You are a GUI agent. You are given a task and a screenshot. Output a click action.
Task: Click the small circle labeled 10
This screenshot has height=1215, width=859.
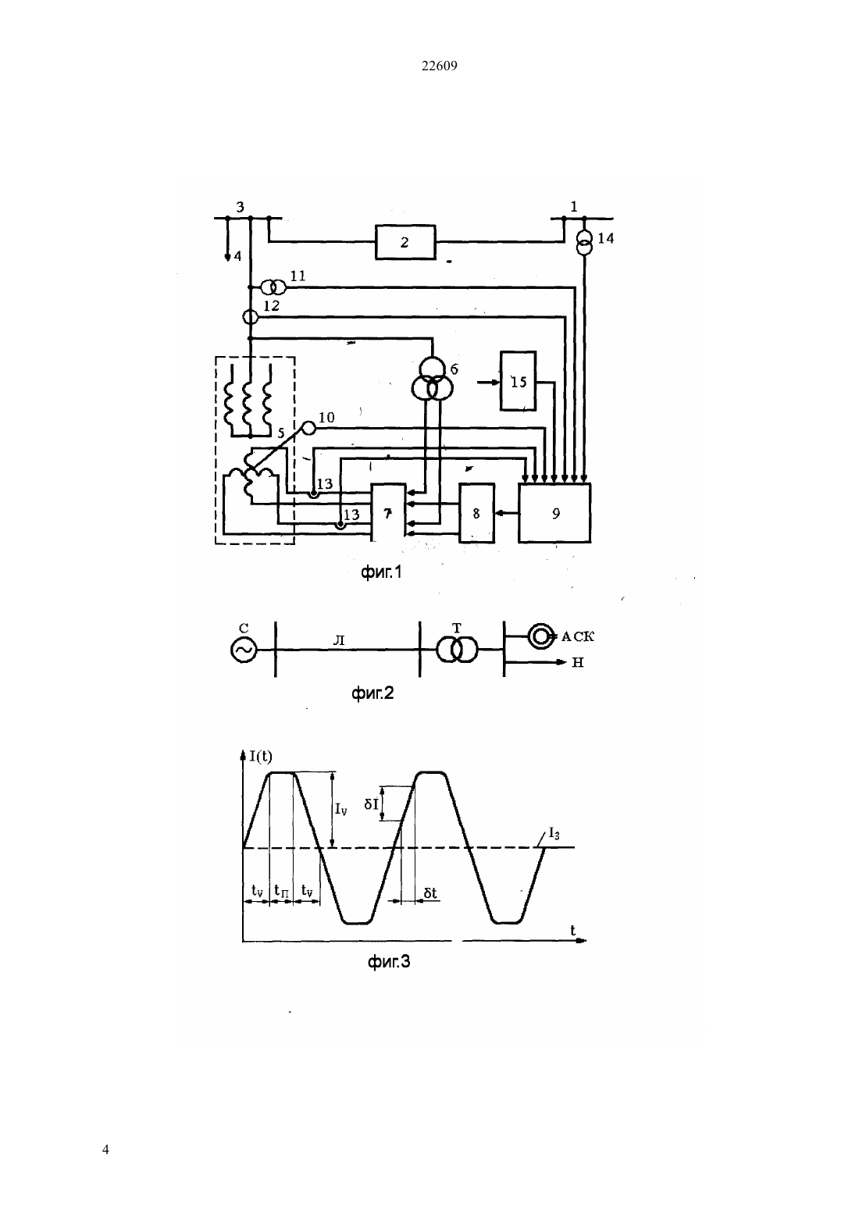tap(308, 428)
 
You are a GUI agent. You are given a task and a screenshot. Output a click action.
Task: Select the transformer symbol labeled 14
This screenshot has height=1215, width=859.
tap(584, 243)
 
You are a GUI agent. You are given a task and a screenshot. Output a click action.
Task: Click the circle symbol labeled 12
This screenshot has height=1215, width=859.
tap(250, 316)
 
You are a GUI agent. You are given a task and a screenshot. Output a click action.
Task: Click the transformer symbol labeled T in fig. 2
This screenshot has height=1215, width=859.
tap(457, 649)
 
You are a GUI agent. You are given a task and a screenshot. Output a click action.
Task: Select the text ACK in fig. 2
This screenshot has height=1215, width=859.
tap(578, 636)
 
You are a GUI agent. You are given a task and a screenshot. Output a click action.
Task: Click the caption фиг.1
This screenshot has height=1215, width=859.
tap(381, 572)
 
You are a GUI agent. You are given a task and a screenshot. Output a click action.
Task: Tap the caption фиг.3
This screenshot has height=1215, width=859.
tap(389, 962)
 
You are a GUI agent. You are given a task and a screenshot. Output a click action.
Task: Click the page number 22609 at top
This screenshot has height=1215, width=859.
tap(439, 66)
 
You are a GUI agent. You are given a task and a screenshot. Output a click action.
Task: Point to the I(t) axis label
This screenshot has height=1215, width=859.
tap(261, 756)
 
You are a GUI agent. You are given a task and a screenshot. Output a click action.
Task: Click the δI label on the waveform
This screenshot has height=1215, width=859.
tap(372, 803)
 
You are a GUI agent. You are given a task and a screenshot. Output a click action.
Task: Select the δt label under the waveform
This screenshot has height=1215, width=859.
tap(430, 893)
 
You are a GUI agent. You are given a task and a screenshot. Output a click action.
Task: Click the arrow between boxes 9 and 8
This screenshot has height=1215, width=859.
tap(507, 512)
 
